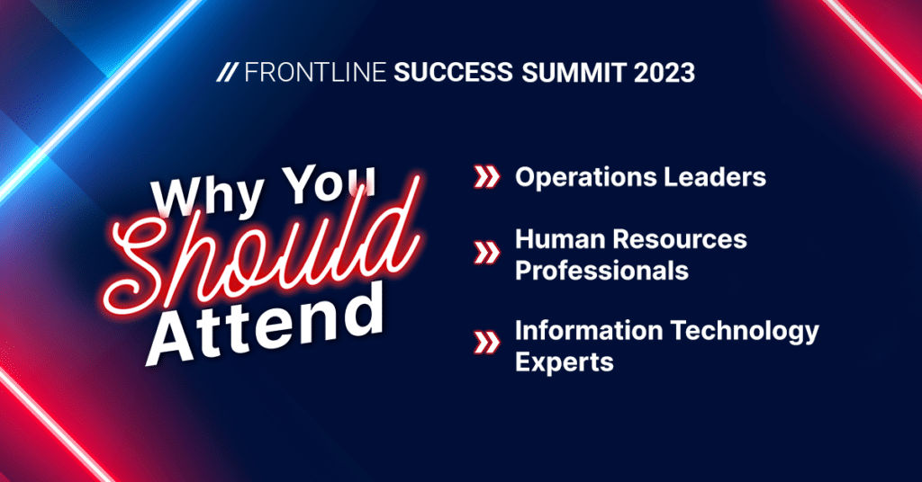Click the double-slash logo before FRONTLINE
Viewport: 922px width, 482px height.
pyautogui.click(x=227, y=73)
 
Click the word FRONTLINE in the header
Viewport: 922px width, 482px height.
pyautogui.click(x=315, y=73)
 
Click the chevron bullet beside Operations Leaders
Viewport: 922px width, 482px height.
pyautogui.click(x=487, y=177)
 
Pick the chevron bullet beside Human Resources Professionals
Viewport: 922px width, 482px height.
pyautogui.click(x=487, y=254)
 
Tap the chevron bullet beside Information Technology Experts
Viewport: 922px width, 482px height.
pyautogui.click(x=487, y=343)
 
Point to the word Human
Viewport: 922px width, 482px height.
pyautogui.click(x=552, y=239)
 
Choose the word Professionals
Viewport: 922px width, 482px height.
pyautogui.click(x=602, y=271)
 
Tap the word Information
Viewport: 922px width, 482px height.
pyautogui.click(x=589, y=331)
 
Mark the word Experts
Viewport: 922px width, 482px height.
pyautogui.click(x=565, y=362)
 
